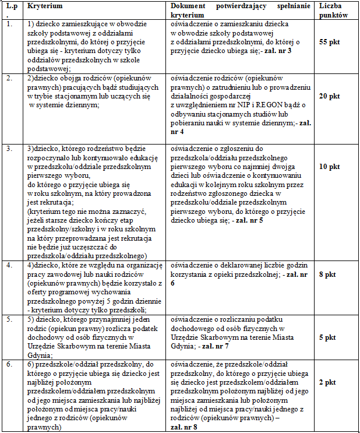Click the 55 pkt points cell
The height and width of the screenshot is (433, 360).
coord(329,43)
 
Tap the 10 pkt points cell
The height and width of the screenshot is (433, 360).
coord(329,167)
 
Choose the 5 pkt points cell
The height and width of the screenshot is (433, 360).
coord(329,337)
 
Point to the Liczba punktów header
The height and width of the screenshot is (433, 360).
coord(333,10)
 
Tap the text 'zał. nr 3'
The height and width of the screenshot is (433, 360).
coord(277,51)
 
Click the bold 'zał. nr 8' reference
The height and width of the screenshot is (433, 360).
coord(185,427)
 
